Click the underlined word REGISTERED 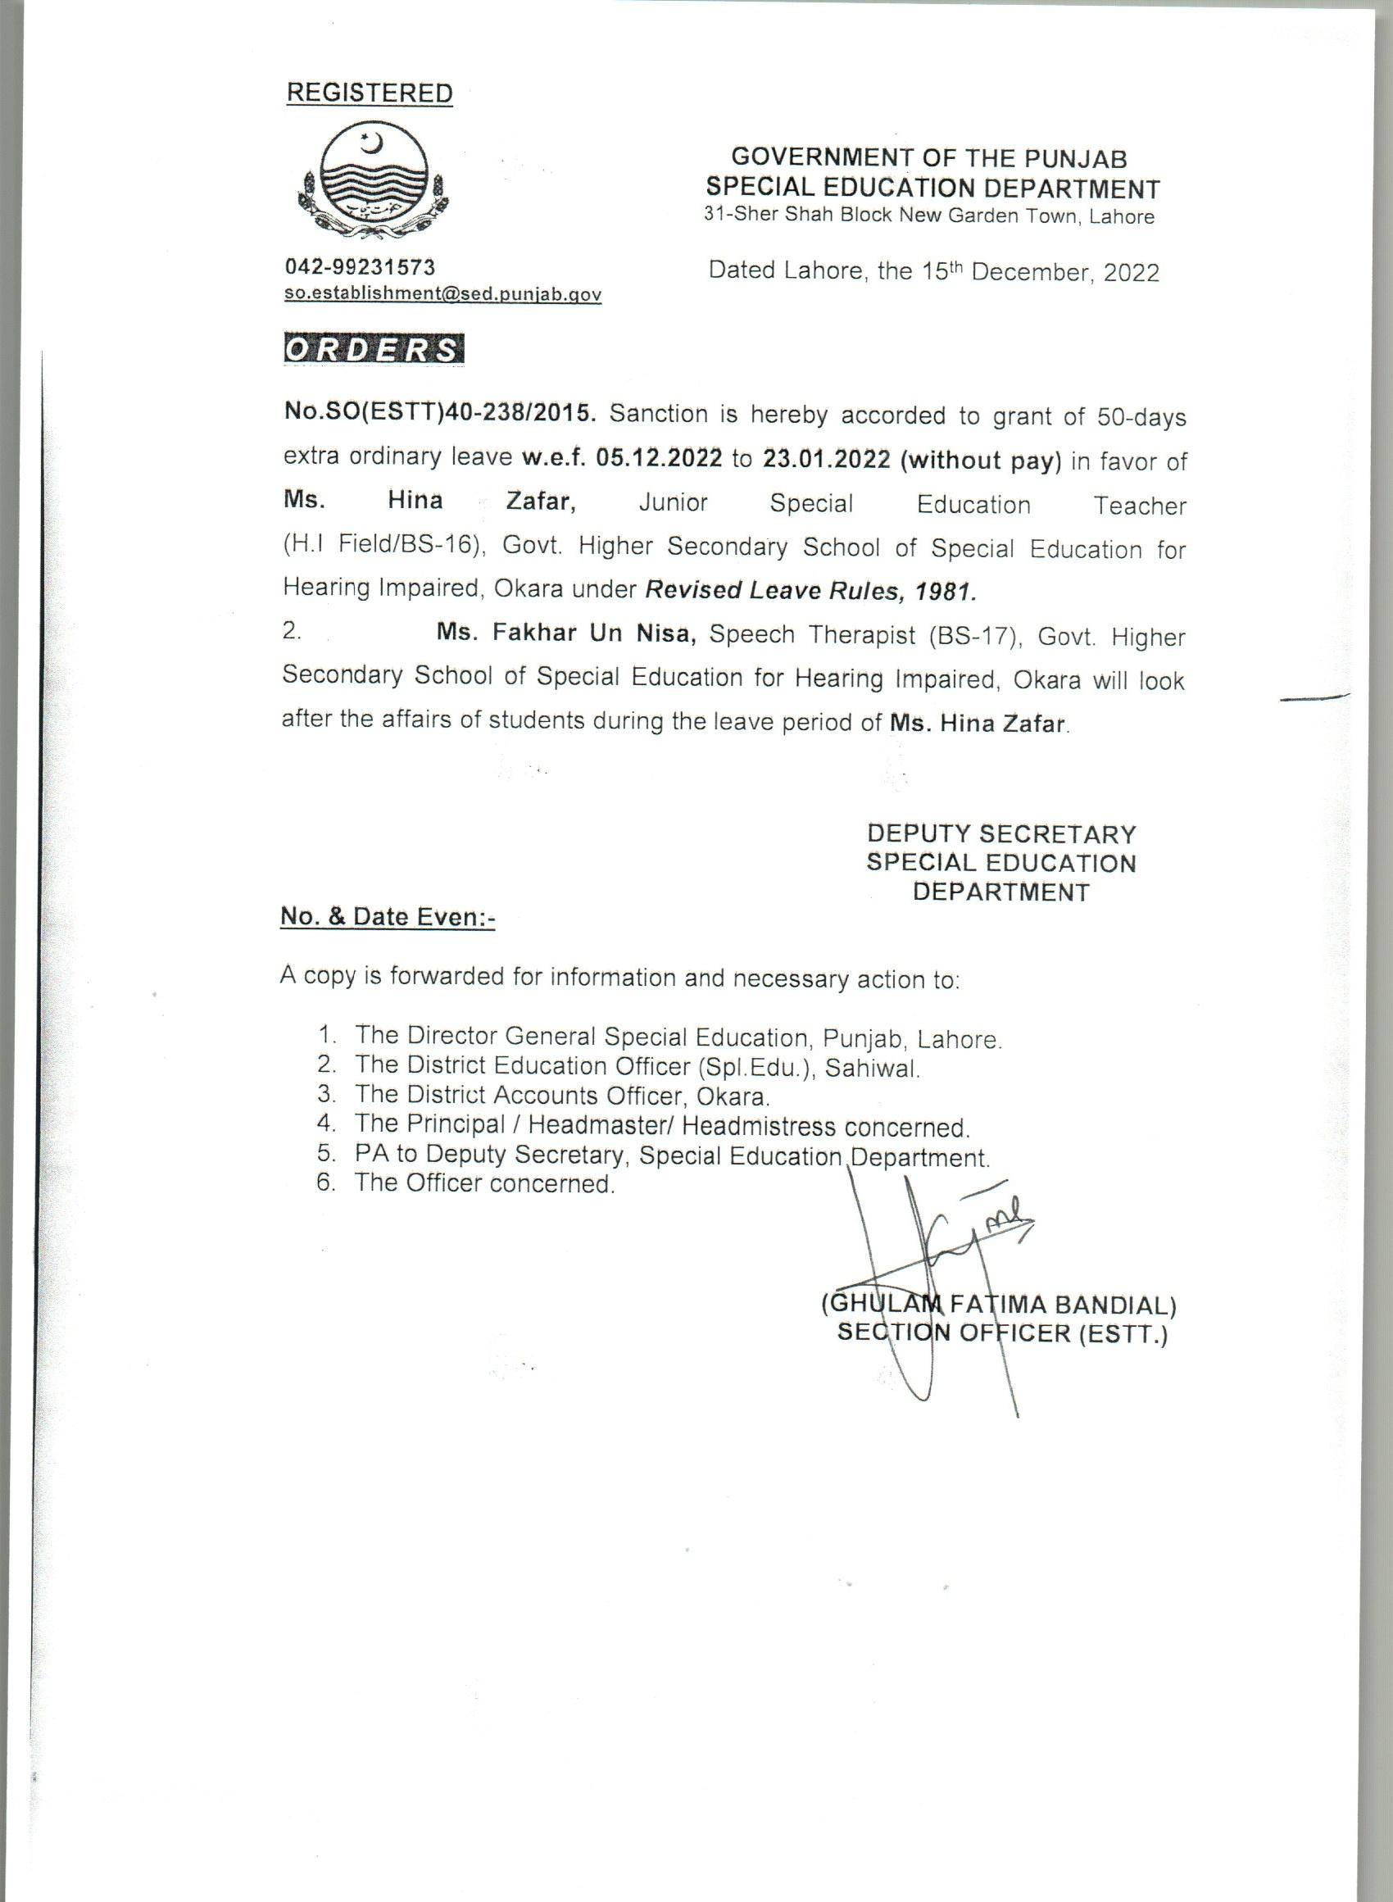tap(370, 93)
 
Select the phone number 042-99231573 tap(360, 267)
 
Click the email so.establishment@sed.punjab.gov tap(442, 294)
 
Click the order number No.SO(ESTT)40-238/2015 tap(440, 414)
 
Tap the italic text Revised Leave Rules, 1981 tap(810, 590)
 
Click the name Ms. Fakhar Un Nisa tap(565, 633)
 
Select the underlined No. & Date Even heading tap(388, 916)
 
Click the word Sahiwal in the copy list tap(871, 1069)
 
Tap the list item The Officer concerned tap(484, 1183)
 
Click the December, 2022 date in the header tap(1065, 271)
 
